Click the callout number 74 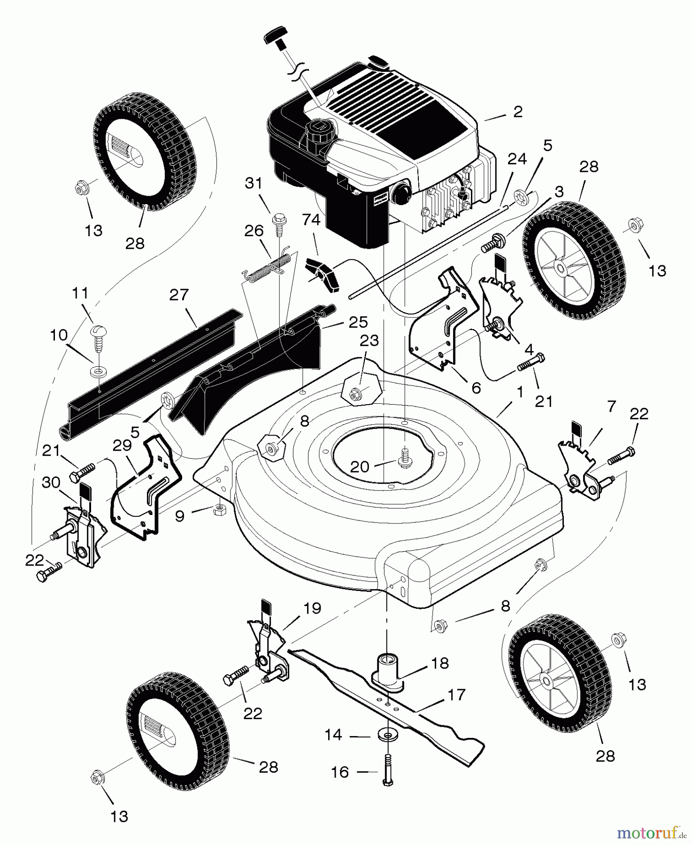(311, 220)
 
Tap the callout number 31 (254, 183)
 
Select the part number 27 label (179, 295)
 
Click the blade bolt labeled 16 (388, 770)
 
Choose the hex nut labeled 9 (218, 509)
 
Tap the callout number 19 (312, 608)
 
